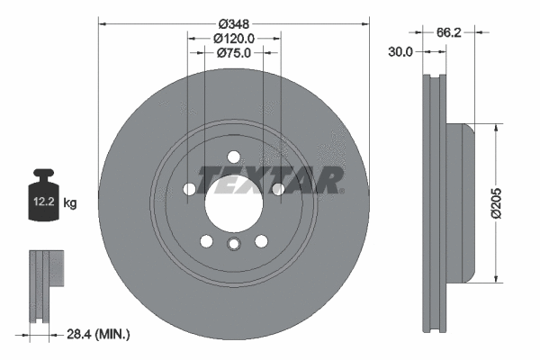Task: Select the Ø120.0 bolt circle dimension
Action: point(234,38)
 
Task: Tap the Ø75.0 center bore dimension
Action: point(234,53)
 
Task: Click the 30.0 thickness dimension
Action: point(400,52)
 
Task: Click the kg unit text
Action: point(70,204)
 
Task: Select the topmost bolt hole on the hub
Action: point(233,155)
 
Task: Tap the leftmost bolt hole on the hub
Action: point(189,189)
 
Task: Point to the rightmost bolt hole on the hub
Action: point(277,189)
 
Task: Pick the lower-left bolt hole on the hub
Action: point(206,241)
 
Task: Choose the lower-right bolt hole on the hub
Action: point(261,241)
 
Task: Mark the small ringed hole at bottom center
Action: point(233,245)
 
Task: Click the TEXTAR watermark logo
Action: point(270,180)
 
